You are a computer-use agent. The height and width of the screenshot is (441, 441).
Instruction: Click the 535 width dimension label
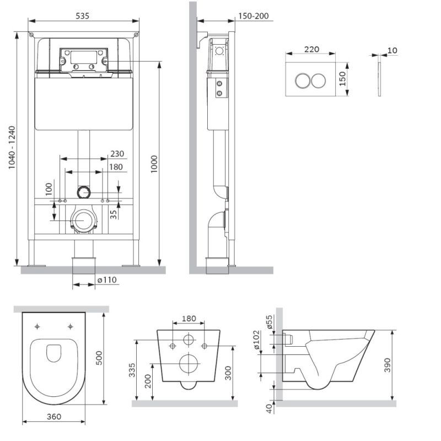click(82, 16)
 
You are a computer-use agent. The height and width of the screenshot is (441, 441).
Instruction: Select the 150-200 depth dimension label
click(252, 16)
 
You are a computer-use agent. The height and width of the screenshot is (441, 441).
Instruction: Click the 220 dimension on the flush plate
click(311, 49)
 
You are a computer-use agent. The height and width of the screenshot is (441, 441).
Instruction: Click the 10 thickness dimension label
click(392, 51)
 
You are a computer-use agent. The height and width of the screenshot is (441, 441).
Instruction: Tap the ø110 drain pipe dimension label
click(107, 280)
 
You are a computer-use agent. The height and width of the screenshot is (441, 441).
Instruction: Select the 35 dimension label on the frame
click(112, 212)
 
